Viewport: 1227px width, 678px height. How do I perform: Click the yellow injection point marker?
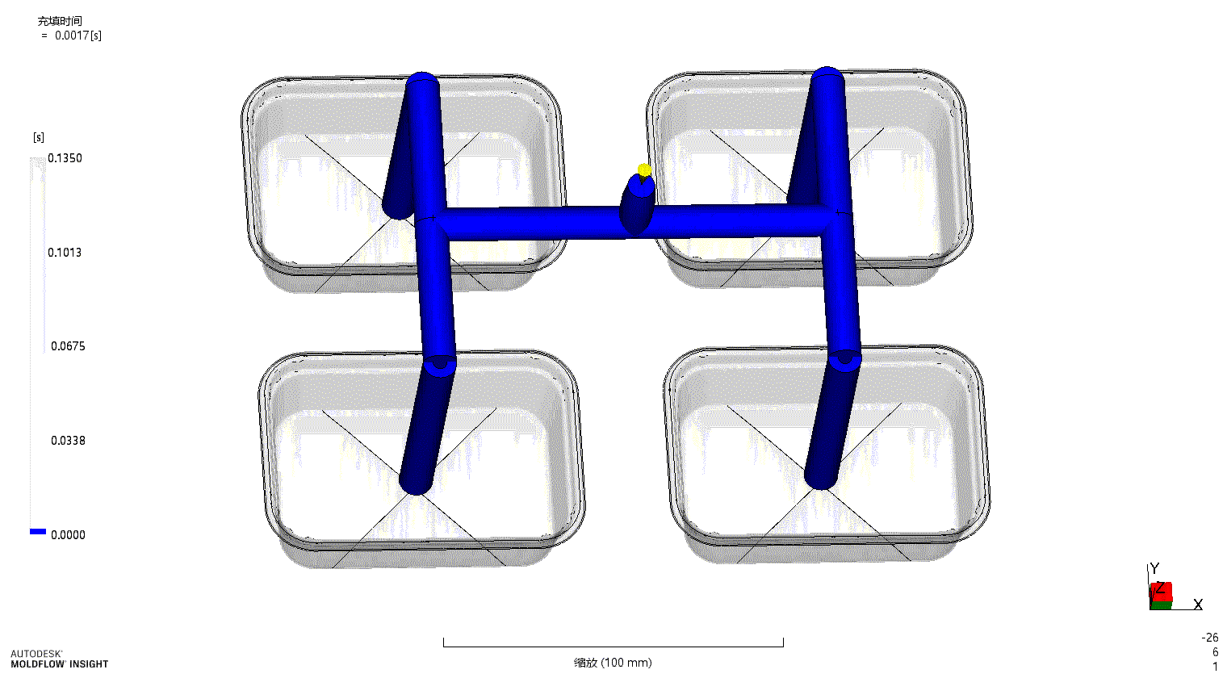[x=644, y=170]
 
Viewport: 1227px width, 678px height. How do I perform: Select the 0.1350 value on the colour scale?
[x=65, y=158]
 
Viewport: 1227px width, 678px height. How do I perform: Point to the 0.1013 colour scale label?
[x=65, y=253]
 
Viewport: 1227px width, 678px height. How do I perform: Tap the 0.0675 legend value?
[x=68, y=346]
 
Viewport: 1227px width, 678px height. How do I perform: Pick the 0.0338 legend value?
[x=68, y=441]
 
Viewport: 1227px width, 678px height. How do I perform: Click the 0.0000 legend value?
[x=68, y=534]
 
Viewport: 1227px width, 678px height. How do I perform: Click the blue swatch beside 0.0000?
[x=38, y=531]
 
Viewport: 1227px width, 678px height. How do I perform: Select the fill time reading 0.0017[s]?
[x=77, y=36]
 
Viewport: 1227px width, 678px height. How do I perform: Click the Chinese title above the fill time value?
[x=60, y=21]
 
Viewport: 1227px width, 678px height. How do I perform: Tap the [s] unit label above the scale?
[x=39, y=137]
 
